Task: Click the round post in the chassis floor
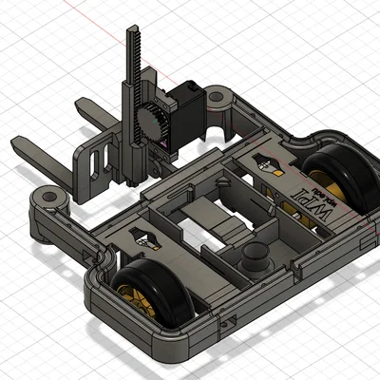tap(253, 257)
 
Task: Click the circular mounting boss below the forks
tap(47, 197)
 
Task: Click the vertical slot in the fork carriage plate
tap(92, 162)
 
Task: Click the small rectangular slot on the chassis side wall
tap(226, 323)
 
